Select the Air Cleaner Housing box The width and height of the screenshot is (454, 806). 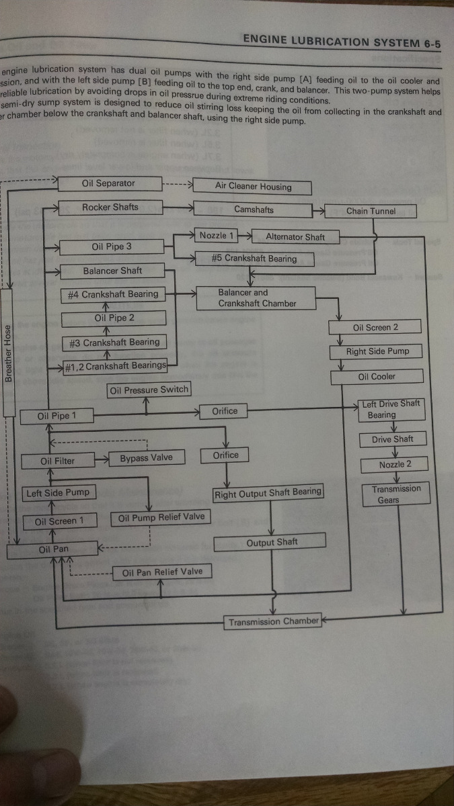tap(253, 187)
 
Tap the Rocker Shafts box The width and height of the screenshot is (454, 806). tap(110, 208)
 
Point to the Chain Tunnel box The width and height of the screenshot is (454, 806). tap(371, 211)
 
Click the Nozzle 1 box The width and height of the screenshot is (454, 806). tap(217, 236)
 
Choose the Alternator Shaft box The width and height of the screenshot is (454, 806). tap(295, 236)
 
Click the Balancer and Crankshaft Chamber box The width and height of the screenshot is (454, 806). tap(256, 298)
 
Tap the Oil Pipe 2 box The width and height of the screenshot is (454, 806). tap(114, 318)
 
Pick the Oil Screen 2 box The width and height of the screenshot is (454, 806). tap(375, 328)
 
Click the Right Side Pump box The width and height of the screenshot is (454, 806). tap(377, 351)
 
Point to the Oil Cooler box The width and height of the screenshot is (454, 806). tap(377, 377)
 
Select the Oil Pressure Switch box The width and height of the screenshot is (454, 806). tap(149, 390)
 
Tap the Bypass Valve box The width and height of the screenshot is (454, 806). tap(146, 458)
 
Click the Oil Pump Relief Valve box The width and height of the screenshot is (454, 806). tap(161, 518)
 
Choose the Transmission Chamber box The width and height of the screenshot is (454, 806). tap(273, 622)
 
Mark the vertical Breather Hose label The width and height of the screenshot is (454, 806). tap(8, 353)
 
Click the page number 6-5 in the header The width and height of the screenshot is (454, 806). tap(432, 43)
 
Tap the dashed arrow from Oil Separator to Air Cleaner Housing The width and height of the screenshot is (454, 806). tap(178, 185)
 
